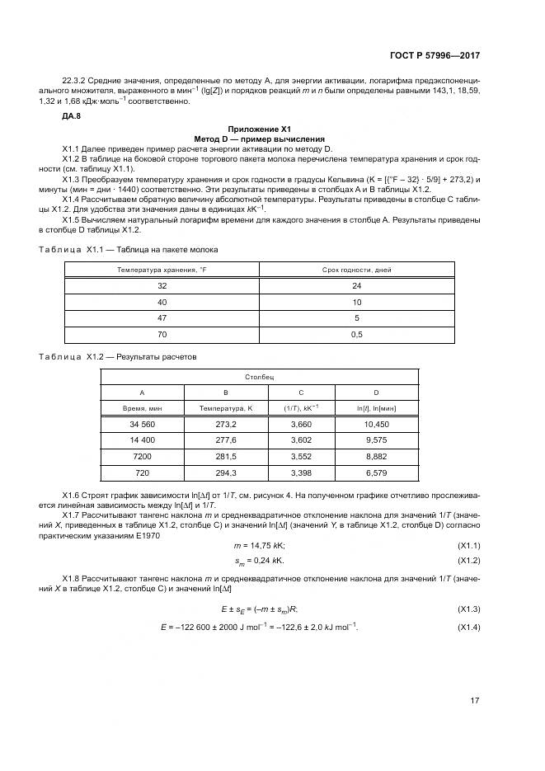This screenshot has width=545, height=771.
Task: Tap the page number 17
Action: click(x=475, y=701)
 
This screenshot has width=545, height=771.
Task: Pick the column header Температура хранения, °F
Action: click(x=161, y=270)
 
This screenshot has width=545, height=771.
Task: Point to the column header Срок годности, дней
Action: click(x=356, y=270)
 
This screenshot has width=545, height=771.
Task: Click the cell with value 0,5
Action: click(x=356, y=336)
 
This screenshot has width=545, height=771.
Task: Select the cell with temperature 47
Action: click(x=161, y=318)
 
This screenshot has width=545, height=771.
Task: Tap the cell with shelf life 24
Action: click(x=356, y=285)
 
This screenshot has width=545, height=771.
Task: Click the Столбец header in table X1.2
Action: click(x=260, y=376)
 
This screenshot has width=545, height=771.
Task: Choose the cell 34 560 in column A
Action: click(x=143, y=424)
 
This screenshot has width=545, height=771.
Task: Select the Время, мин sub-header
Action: click(x=143, y=407)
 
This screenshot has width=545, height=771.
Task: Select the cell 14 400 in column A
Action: click(x=143, y=440)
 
